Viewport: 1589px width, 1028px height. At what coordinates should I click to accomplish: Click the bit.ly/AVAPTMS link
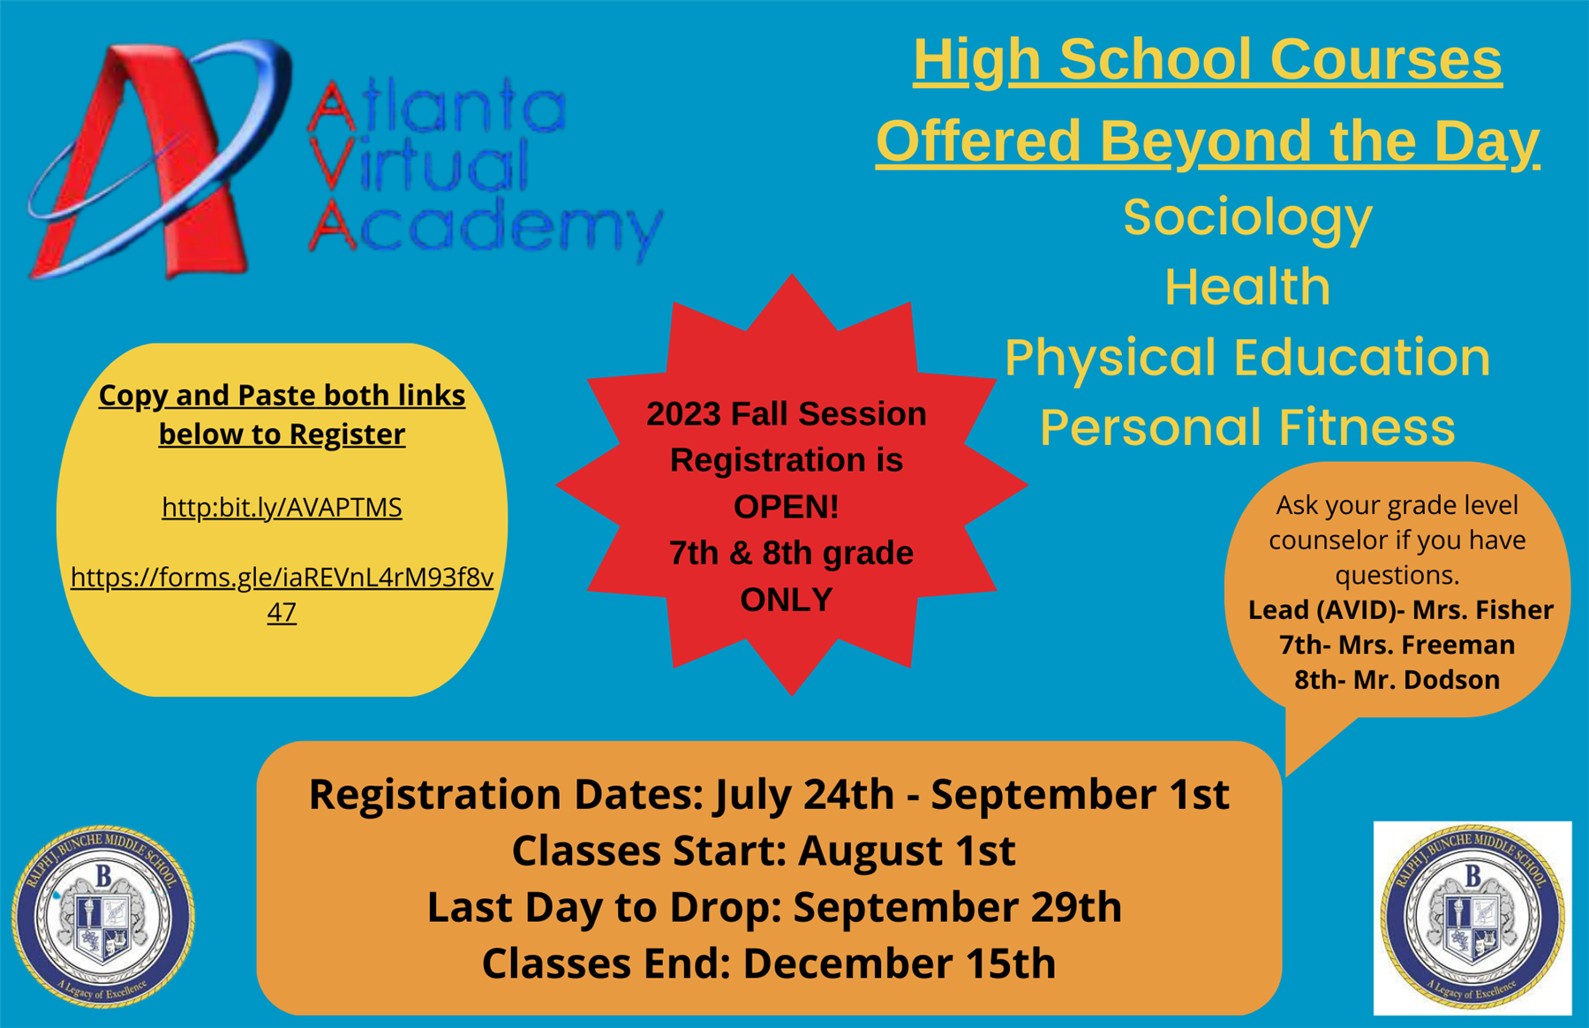(x=282, y=508)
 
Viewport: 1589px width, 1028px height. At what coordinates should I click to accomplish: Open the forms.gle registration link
(x=282, y=593)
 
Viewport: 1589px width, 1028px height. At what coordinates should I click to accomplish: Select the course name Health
(x=1247, y=287)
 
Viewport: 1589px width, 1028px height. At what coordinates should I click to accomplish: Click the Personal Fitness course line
(x=1247, y=427)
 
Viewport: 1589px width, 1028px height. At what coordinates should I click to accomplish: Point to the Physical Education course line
(x=1247, y=358)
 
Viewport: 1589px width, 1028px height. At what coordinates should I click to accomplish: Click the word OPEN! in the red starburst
(x=787, y=507)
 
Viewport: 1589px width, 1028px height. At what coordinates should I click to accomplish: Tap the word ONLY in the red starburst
(x=787, y=600)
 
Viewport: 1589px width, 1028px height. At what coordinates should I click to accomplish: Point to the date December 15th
(x=900, y=964)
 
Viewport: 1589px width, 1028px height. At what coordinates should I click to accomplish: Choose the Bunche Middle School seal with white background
(x=1472, y=918)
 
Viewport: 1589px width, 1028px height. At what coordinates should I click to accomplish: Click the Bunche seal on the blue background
(x=103, y=917)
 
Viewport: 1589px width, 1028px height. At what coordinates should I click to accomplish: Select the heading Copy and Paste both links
(x=282, y=396)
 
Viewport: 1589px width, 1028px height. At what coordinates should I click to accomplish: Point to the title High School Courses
(x=1208, y=60)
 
